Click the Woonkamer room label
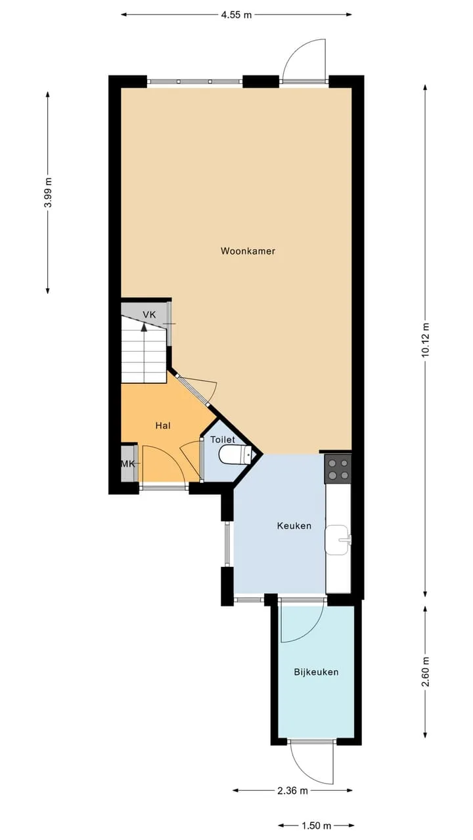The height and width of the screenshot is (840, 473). (248, 251)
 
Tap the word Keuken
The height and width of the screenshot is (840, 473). (294, 526)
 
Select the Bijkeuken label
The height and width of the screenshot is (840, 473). (316, 672)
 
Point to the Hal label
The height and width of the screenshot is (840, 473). (163, 426)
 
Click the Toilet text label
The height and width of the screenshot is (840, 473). (223, 440)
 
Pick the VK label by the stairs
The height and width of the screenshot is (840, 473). (149, 314)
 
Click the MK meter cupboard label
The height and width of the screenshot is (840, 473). (127, 464)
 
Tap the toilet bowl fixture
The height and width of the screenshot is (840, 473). (235, 455)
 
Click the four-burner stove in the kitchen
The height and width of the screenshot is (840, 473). (338, 469)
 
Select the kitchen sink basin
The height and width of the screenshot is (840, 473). (338, 539)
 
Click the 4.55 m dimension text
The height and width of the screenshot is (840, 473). (236, 15)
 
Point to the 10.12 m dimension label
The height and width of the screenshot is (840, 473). (425, 340)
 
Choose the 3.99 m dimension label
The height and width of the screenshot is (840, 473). (48, 192)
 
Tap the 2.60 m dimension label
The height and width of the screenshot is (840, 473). (425, 671)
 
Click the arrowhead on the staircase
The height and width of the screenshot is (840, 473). (144, 327)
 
